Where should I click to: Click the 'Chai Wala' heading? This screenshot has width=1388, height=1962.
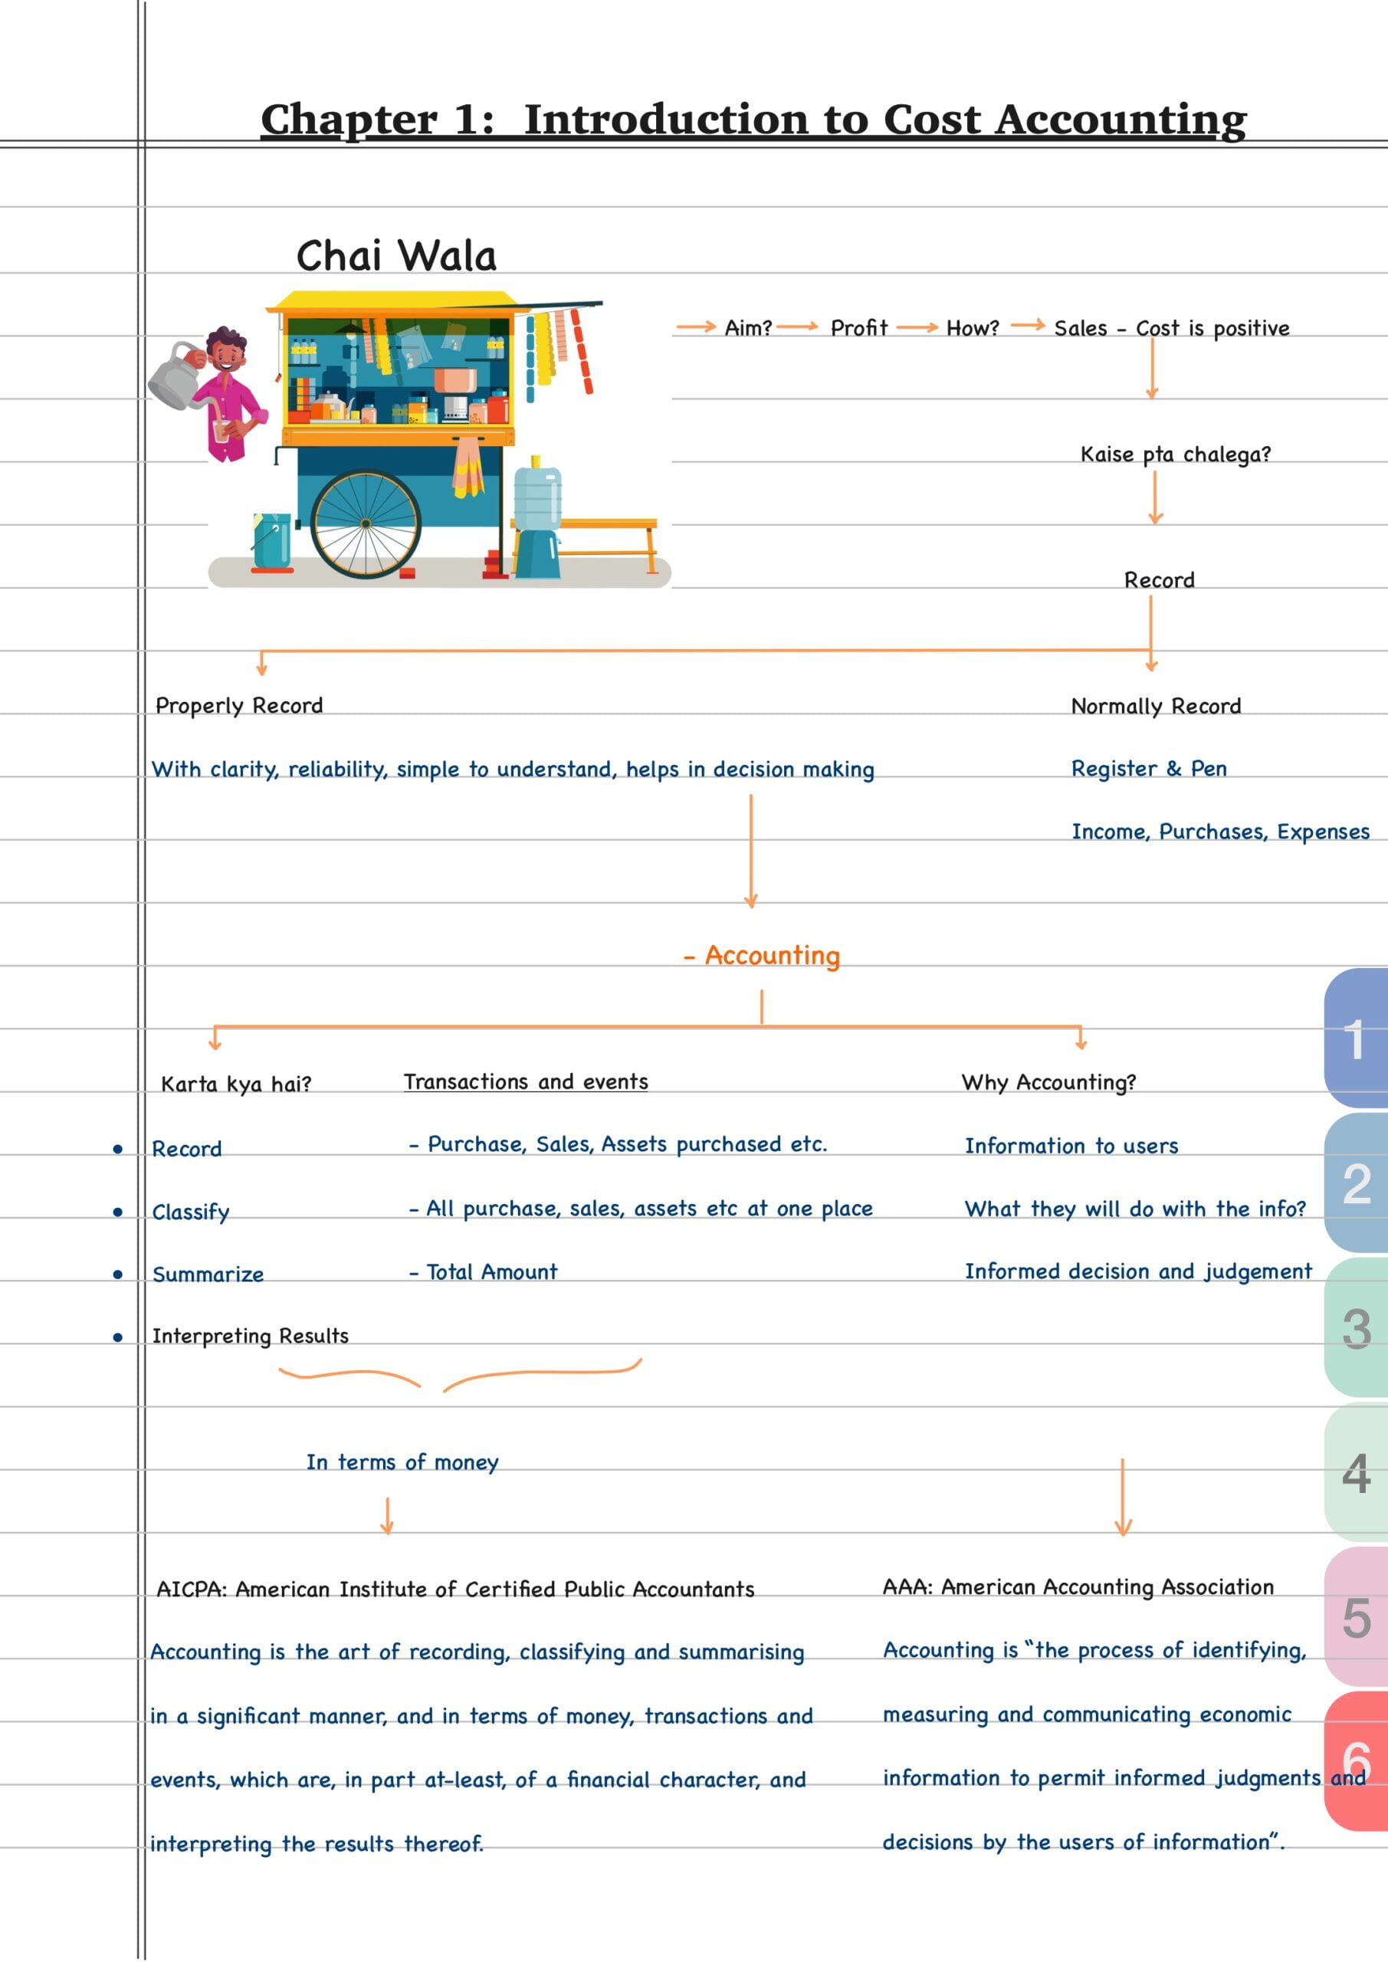[395, 256]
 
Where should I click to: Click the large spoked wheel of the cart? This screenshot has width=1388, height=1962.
[366, 523]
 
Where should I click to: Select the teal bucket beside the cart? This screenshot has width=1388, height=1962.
[272, 540]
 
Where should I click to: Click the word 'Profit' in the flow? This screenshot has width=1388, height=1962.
[859, 328]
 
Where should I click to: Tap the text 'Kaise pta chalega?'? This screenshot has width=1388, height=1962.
[1175, 454]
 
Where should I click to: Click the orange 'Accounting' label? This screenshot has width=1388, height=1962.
[771, 956]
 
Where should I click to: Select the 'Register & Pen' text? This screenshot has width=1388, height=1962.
[1149, 769]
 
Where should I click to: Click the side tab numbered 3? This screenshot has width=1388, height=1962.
[1357, 1329]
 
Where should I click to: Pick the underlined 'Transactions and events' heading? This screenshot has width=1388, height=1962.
[526, 1082]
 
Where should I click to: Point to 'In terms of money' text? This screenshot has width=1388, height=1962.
[402, 1462]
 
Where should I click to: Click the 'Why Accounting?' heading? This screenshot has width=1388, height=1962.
[1048, 1083]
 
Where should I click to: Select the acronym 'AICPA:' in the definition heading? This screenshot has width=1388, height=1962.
[192, 1590]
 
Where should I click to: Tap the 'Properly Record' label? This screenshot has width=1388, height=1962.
[239, 706]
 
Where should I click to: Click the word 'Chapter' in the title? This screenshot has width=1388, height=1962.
[349, 119]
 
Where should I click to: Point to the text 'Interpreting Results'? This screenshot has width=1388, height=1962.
[251, 1337]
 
